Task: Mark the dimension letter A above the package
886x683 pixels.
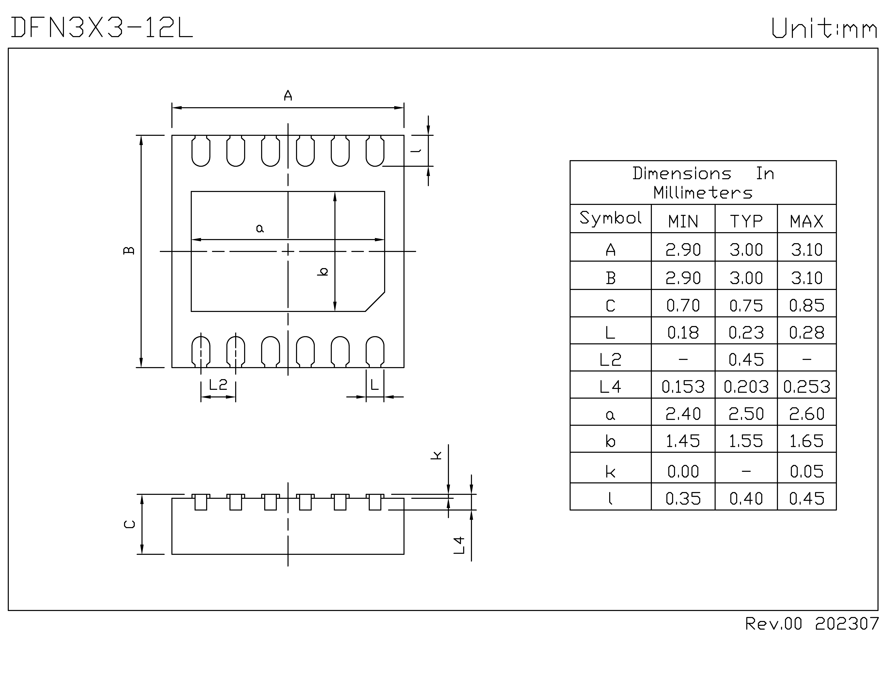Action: tap(288, 96)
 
